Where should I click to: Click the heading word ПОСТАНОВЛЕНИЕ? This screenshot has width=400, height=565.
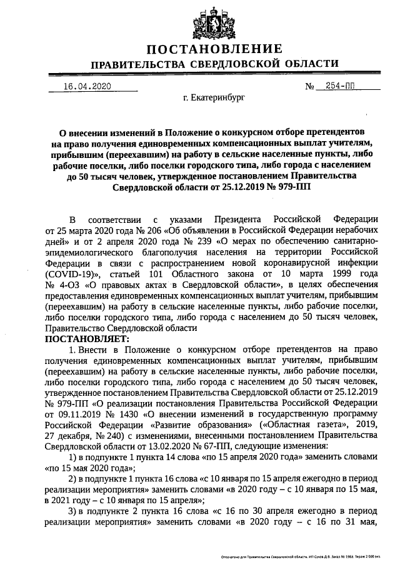214,49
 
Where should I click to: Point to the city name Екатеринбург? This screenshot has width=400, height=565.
214,98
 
